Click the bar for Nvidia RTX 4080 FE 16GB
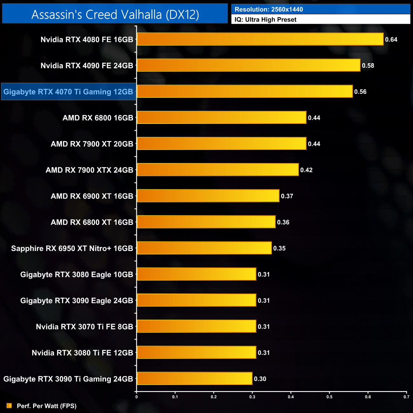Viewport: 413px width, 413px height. pos(260,39)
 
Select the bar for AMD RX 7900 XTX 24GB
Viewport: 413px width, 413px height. pos(218,170)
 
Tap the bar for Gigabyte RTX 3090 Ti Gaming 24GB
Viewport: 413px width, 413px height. pos(194,378)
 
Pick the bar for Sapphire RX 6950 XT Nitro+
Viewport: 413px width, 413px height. pos(204,248)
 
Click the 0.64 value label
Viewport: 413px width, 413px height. pos(391,39)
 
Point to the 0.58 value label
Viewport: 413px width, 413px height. pos(368,66)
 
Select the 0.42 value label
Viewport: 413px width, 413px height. pos(306,170)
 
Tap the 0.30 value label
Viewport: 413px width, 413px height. pos(260,379)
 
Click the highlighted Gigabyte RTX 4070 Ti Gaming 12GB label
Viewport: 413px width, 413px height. pos(68,92)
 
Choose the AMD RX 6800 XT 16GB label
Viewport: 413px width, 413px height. pos(92,222)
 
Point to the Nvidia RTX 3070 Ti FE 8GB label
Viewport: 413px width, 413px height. pos(85,327)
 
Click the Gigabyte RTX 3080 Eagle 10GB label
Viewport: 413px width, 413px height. pos(77,274)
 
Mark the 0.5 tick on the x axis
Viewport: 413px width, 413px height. pos(329,396)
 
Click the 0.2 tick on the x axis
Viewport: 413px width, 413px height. pos(214,396)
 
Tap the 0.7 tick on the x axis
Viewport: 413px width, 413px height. pos(406,396)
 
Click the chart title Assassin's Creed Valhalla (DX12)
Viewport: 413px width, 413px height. pos(115,15)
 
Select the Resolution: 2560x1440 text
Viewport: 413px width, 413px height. pos(268,10)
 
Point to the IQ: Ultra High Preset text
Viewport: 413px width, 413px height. pos(265,20)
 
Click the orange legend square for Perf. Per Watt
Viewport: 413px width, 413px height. pos(9,406)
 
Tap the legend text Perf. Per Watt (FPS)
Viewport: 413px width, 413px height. pos(47,406)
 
